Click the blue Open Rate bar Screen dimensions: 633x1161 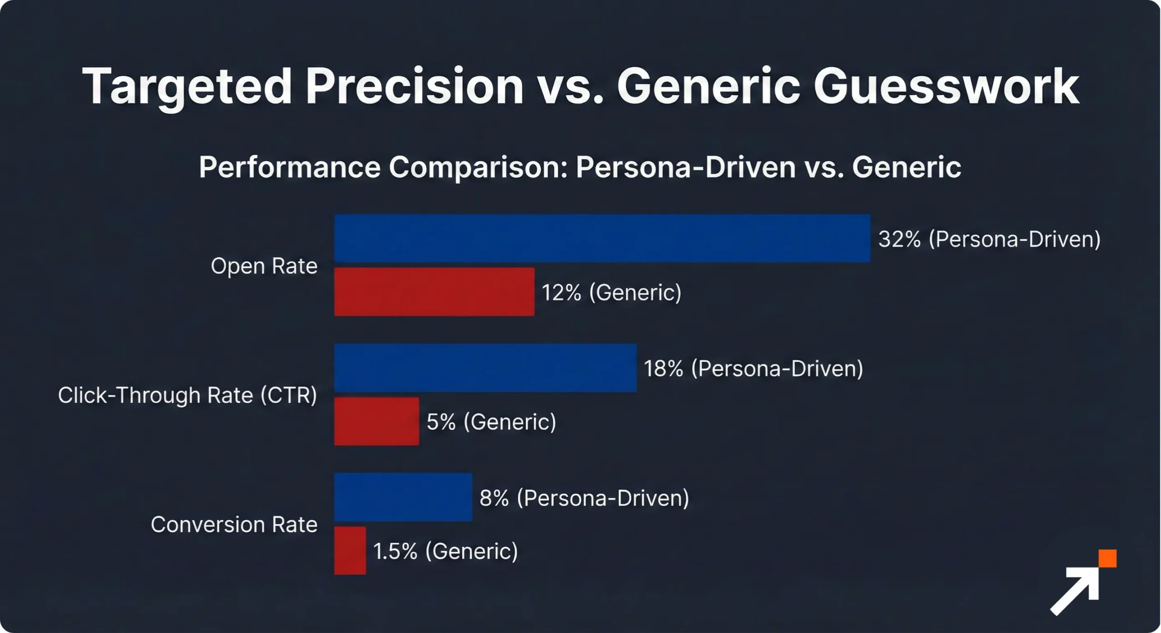(x=602, y=239)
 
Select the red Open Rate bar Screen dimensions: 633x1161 (x=434, y=292)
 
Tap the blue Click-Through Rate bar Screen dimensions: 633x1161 (x=485, y=368)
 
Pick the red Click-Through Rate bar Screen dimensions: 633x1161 (x=376, y=421)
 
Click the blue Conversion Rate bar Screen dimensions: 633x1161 (x=403, y=497)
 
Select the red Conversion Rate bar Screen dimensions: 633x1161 (x=350, y=550)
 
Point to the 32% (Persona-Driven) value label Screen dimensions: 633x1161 (x=989, y=239)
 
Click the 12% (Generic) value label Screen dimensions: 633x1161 (x=611, y=292)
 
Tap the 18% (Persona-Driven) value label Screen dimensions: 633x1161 (x=753, y=368)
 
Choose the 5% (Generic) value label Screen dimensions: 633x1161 (x=491, y=422)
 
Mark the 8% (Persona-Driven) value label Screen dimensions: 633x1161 (x=584, y=498)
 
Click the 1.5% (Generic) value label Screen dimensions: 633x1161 (x=445, y=551)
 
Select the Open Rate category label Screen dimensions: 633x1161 (x=264, y=266)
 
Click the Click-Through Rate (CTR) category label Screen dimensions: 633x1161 (x=187, y=395)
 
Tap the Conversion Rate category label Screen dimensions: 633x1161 (x=234, y=525)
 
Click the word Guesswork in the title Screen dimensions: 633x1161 (x=946, y=86)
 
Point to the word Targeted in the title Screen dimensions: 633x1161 (x=186, y=86)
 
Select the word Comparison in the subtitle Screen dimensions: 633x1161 (x=478, y=167)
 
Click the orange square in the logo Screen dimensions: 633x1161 (x=1107, y=558)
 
